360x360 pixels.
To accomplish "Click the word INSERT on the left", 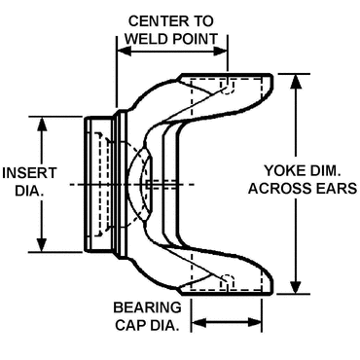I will (x=20, y=171).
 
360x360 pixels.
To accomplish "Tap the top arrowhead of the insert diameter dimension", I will (x=42, y=122).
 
